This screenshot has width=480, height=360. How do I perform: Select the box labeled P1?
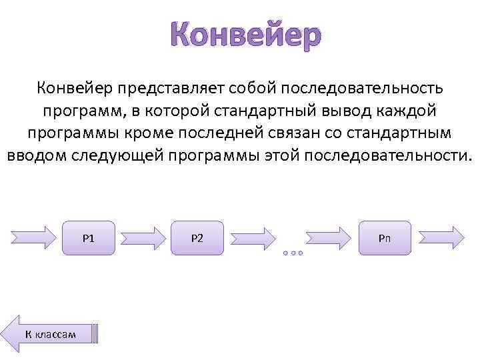coord(88,237)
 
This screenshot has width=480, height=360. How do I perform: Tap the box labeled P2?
coord(197,237)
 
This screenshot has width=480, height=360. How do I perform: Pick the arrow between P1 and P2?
coord(143,237)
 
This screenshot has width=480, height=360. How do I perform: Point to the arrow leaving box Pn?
coord(441,237)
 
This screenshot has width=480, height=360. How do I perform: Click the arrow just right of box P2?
coord(253,237)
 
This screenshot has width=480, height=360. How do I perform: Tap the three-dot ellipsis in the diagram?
coord(292,253)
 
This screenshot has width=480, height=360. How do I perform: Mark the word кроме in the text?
coord(150,133)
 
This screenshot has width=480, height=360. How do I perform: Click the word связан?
coord(293,133)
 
